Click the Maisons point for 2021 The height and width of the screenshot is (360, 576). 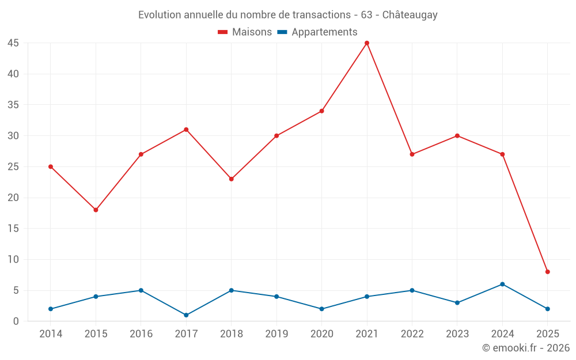pyautogui.click(x=367, y=43)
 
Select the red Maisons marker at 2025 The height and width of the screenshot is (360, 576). pyautogui.click(x=547, y=272)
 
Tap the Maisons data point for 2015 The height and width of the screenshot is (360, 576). pyautogui.click(x=96, y=210)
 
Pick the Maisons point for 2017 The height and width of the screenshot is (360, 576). pyautogui.click(x=186, y=130)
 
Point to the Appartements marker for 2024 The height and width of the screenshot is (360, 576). pyautogui.click(x=502, y=284)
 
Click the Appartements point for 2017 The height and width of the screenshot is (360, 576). pyautogui.click(x=186, y=315)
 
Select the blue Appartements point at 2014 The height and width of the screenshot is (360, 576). pyautogui.click(x=51, y=309)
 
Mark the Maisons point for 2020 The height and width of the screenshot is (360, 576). pyautogui.click(x=321, y=111)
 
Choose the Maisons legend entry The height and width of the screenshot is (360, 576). pyautogui.click(x=245, y=32)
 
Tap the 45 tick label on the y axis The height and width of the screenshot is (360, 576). pyautogui.click(x=13, y=43)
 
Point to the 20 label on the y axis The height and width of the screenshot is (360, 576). pyautogui.click(x=13, y=198)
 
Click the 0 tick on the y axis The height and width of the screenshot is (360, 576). pyautogui.click(x=16, y=321)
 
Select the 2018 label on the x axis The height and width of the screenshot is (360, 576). pyautogui.click(x=231, y=334)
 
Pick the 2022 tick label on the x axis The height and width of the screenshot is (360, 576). pyautogui.click(x=412, y=334)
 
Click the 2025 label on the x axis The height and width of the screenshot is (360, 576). pyautogui.click(x=547, y=334)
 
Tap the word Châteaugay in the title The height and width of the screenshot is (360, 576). pyautogui.click(x=410, y=15)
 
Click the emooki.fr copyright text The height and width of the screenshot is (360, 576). pyautogui.click(x=525, y=348)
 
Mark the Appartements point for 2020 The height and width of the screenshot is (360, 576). pyautogui.click(x=321, y=309)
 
